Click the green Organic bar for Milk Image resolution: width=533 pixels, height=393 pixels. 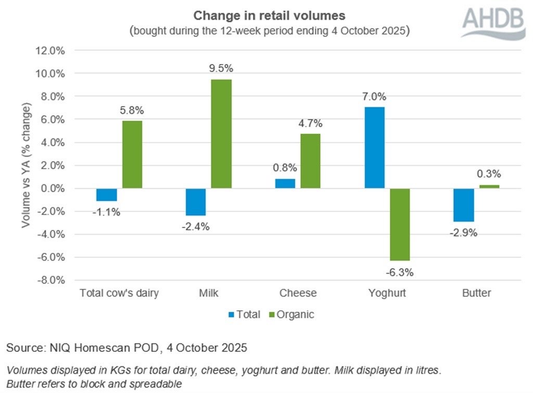[x=221, y=134]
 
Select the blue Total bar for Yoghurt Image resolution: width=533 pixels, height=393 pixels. [x=374, y=148]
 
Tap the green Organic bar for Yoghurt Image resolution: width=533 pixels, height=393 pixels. [x=400, y=224]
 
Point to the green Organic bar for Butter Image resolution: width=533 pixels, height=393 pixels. [x=489, y=186]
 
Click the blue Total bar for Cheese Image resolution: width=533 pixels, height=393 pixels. [x=285, y=183]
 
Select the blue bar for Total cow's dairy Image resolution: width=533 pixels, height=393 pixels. [x=106, y=194]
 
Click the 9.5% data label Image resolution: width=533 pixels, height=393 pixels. [x=221, y=69]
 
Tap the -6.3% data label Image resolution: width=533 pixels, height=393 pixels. [x=400, y=271]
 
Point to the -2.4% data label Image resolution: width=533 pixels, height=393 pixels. [x=196, y=226]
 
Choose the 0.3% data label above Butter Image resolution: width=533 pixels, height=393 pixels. [x=489, y=174]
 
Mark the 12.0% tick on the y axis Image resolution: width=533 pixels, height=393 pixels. [x=50, y=51]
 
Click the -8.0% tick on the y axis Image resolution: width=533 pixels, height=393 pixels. [x=50, y=280]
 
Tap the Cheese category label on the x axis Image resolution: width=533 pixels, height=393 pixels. [x=298, y=293]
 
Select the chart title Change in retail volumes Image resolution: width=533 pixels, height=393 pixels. [x=269, y=15]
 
